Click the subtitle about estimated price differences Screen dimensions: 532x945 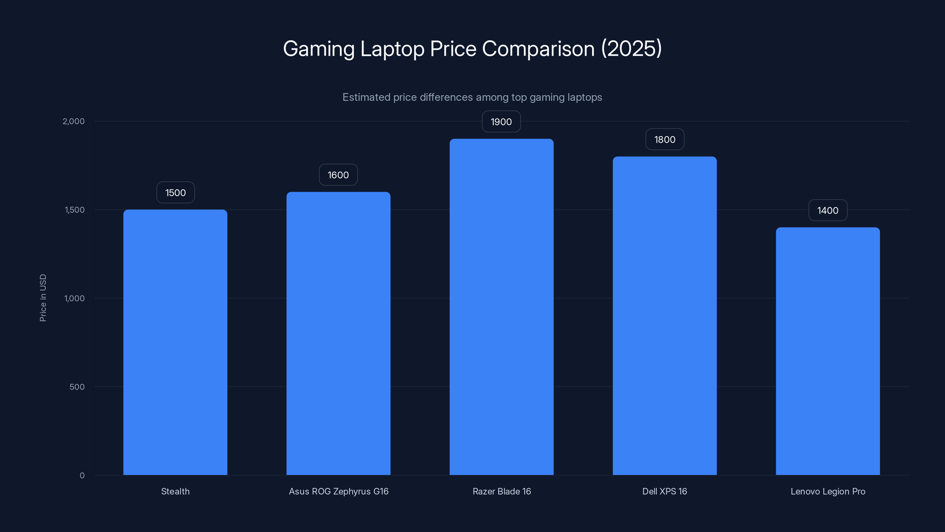[472, 97]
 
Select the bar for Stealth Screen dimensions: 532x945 [175, 341]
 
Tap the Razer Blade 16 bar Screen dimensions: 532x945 [501, 306]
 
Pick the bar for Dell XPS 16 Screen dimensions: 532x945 [664, 316]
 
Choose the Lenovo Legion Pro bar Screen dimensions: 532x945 [827, 351]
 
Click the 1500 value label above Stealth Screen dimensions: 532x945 [175, 193]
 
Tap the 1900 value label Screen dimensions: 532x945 [501, 122]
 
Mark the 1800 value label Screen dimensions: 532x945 [665, 140]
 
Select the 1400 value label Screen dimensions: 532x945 [827, 210]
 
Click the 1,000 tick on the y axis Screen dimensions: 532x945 [74, 298]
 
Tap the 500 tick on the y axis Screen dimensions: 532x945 [77, 387]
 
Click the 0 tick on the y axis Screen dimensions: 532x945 [82, 476]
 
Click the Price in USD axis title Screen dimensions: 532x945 [43, 298]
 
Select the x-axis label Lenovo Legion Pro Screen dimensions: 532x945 [827, 491]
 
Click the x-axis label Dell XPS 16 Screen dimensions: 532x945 [664, 491]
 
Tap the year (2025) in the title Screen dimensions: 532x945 [631, 48]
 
